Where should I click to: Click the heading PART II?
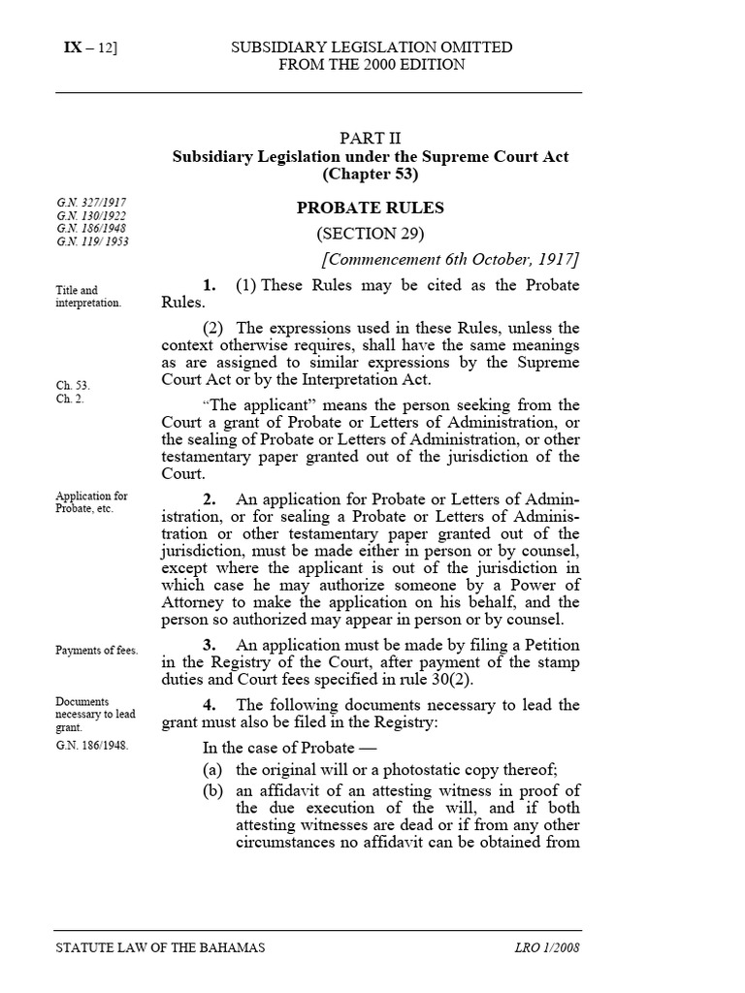click(370, 138)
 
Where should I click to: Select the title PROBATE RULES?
click(370, 207)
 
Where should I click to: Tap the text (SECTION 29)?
click(370, 234)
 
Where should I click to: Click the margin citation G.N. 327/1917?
click(91, 202)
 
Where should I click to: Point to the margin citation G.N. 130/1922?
click(91, 215)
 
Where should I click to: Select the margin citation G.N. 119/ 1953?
click(92, 242)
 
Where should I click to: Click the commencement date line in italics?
click(450, 259)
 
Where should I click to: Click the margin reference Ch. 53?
click(73, 385)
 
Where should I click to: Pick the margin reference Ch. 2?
click(70, 399)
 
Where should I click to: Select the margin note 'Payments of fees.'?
click(96, 651)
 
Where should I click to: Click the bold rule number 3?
click(209, 646)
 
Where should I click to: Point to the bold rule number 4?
click(209, 705)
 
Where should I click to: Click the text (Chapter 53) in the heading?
click(370, 176)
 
